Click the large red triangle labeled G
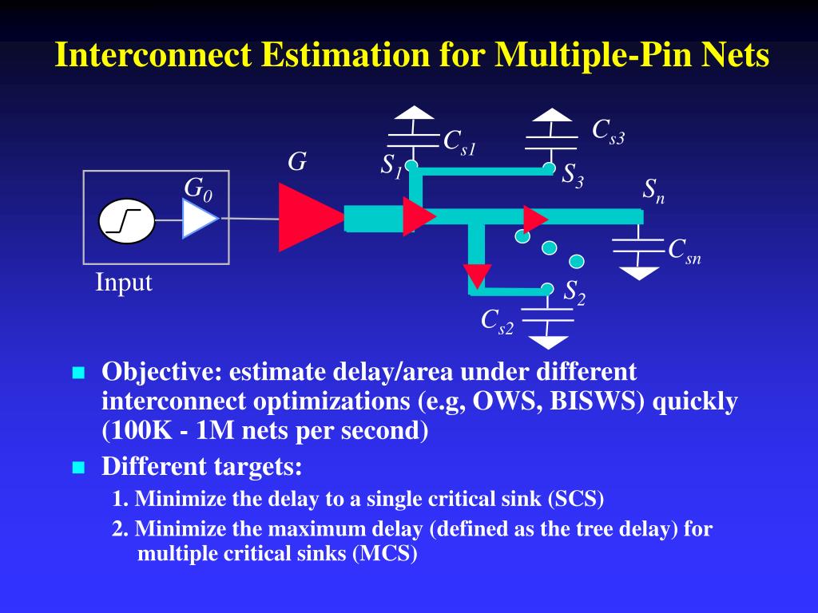(307, 217)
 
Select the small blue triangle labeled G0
(197, 219)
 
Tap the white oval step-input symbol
(127, 220)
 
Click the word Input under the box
(124, 283)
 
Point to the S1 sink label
(391, 166)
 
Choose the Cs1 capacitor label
(459, 142)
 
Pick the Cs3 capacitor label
(608, 130)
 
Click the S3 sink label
(573, 174)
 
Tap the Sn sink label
(653, 191)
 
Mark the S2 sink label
(574, 292)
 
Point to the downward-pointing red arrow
(477, 275)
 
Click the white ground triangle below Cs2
(548, 342)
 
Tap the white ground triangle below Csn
(640, 273)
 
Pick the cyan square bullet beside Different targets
(78, 467)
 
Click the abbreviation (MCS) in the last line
(385, 554)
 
